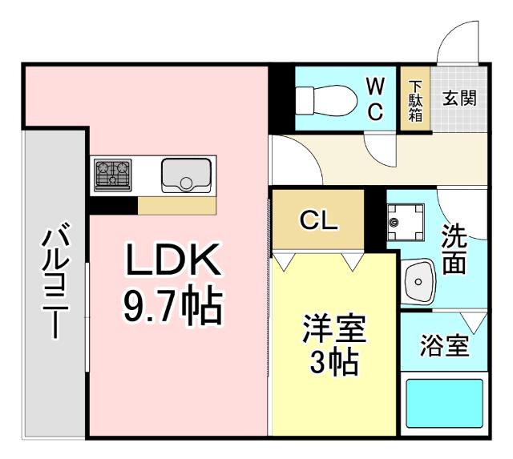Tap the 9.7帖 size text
point(171,304)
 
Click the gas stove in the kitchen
point(112,174)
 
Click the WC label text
point(375,98)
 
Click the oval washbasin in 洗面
point(418,280)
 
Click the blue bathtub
point(444,403)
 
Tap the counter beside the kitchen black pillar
point(176,206)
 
